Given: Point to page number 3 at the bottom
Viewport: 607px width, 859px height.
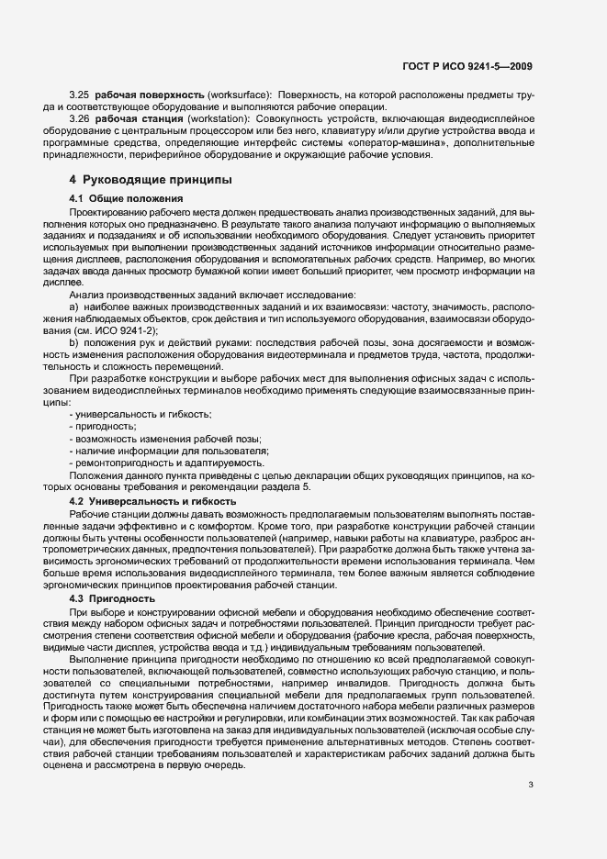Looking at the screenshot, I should point(531,784).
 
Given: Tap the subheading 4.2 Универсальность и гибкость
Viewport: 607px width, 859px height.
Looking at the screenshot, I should point(153,501).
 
